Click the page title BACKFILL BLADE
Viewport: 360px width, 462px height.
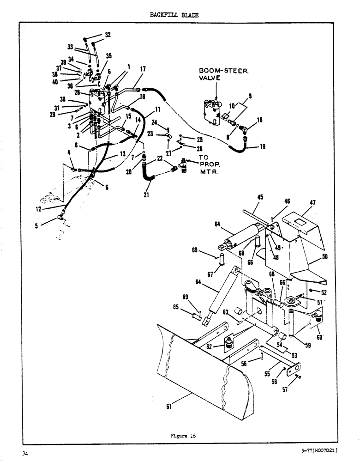174,15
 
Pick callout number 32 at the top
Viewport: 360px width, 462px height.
108,35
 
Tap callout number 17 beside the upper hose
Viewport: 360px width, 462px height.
143,69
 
